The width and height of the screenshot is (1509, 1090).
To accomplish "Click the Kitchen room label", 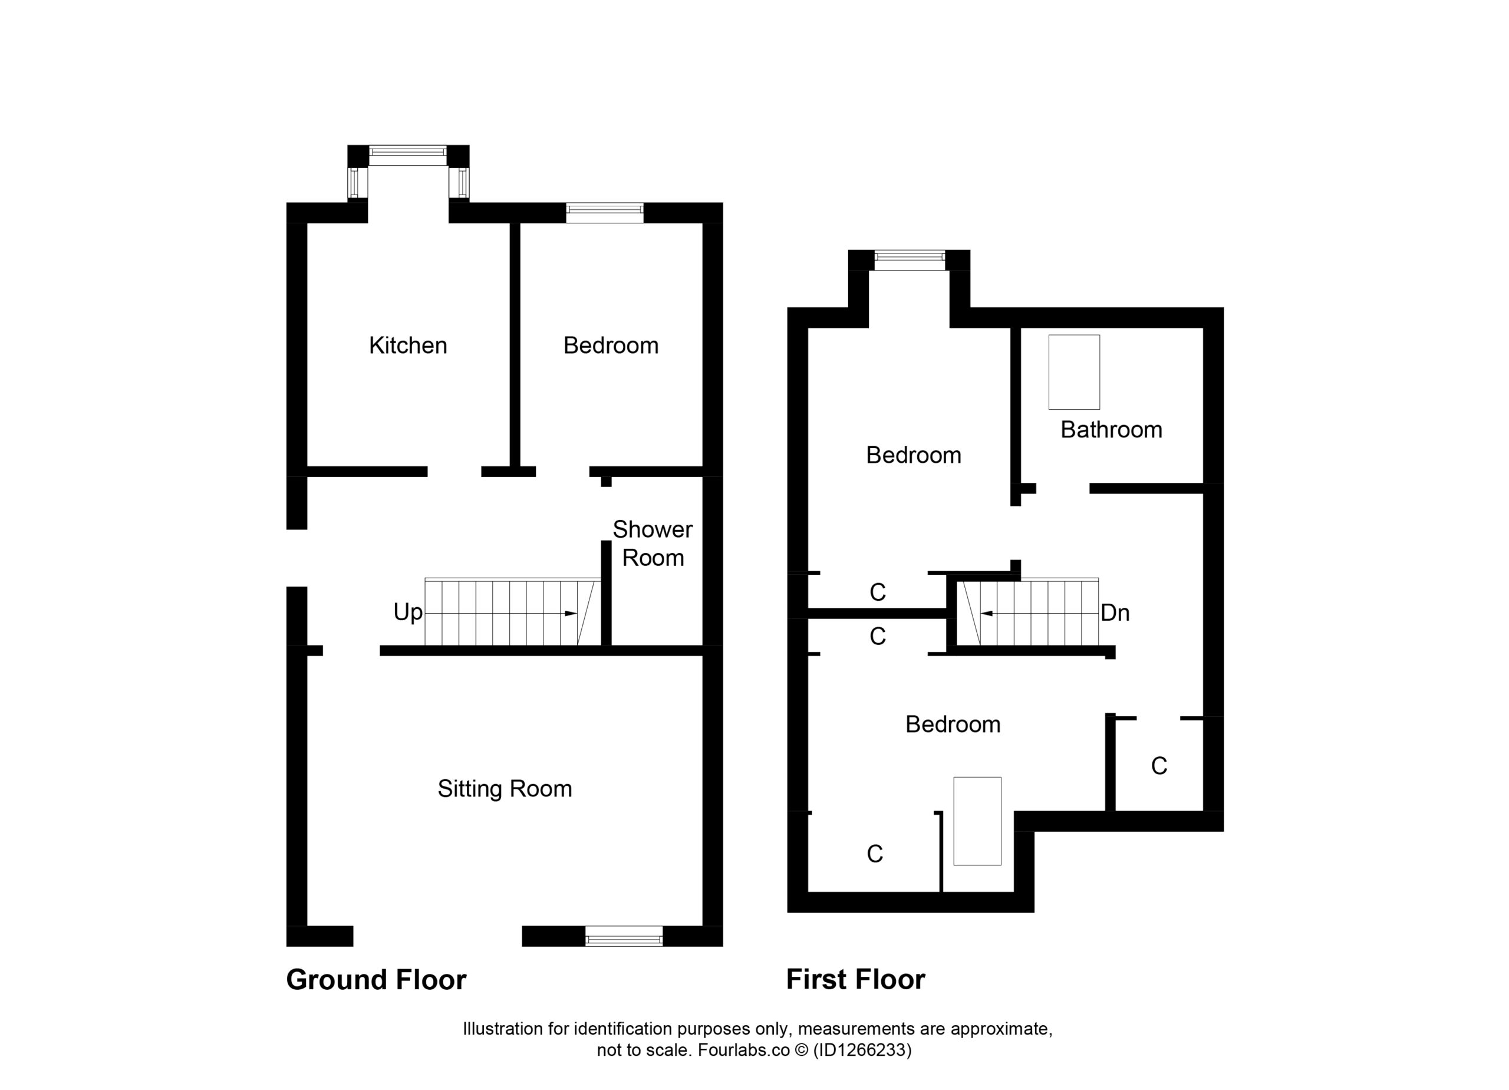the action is click(408, 345).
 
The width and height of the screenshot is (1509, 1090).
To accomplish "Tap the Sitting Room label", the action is click(505, 789).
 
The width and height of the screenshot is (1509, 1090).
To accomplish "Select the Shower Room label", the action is click(652, 544).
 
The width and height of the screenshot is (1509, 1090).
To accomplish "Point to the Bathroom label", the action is click(1111, 430).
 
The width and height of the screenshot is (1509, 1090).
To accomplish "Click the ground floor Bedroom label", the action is click(611, 345).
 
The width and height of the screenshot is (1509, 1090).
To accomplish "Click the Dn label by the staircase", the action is click(1115, 613).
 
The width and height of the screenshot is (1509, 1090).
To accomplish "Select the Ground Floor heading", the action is click(376, 980).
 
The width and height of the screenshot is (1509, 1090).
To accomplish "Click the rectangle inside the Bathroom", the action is click(1074, 372).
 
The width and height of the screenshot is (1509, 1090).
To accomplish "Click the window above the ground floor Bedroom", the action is click(604, 212).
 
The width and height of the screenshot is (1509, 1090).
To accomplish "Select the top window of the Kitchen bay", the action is click(408, 156).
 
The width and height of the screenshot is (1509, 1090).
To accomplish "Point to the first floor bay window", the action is click(910, 260).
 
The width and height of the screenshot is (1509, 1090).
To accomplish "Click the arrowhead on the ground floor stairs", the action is click(570, 613).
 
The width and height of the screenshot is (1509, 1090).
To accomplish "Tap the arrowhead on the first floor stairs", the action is click(987, 613).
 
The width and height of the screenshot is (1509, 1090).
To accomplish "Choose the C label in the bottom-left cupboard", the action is click(875, 854).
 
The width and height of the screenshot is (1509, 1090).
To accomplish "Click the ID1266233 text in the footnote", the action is click(862, 1049).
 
